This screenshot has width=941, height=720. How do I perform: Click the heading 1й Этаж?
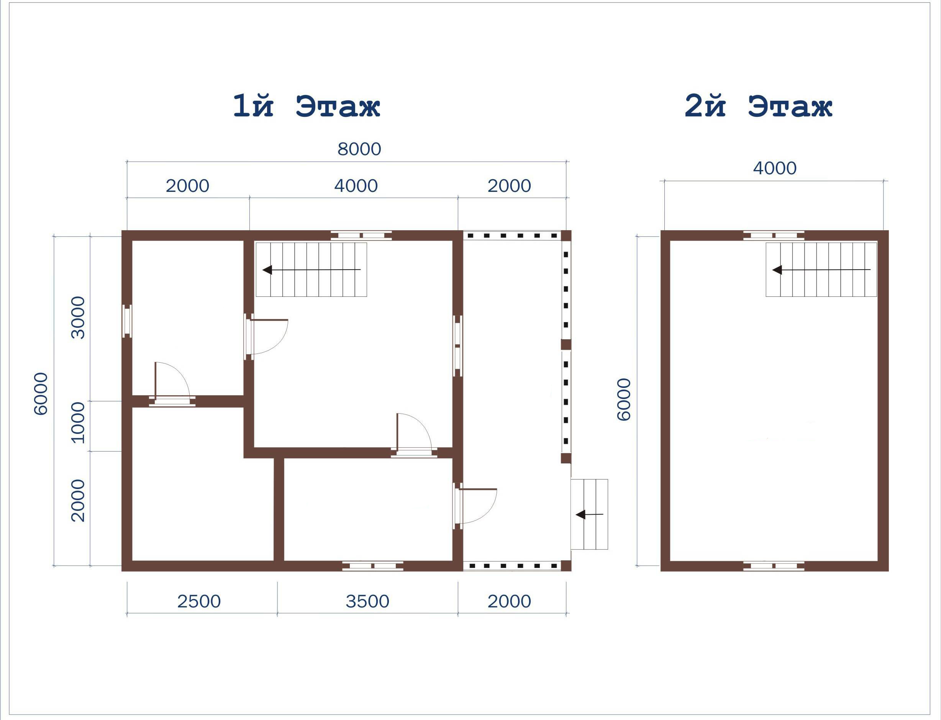pyautogui.click(x=306, y=106)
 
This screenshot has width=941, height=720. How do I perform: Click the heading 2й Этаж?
pyautogui.click(x=758, y=106)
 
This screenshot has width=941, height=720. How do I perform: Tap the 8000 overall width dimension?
pyautogui.click(x=359, y=149)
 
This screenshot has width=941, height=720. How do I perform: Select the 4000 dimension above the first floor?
pyautogui.click(x=356, y=186)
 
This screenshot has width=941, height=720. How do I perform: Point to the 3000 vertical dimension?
pyautogui.click(x=78, y=317)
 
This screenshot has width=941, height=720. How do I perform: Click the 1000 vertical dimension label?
pyautogui.click(x=78, y=422)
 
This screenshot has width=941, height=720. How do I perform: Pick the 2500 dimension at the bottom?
pyautogui.click(x=199, y=601)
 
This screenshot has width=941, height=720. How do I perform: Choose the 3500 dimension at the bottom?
pyautogui.click(x=367, y=601)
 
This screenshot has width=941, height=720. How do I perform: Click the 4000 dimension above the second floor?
pyautogui.click(x=775, y=169)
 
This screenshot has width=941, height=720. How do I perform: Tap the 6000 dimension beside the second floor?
pyautogui.click(x=624, y=399)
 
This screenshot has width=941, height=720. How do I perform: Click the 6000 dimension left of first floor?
pyautogui.click(x=41, y=394)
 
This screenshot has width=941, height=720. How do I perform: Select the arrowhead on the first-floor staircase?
pyautogui.click(x=267, y=270)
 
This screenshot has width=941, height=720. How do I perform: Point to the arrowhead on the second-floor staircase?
pyautogui.click(x=777, y=270)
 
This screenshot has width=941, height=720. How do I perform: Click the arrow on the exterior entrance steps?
pyautogui.click(x=589, y=514)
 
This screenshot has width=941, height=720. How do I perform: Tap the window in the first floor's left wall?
pyautogui.click(x=127, y=321)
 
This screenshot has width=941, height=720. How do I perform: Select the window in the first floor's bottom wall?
pyautogui.click(x=372, y=566)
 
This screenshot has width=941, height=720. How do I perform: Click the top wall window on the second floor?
pyautogui.click(x=774, y=235)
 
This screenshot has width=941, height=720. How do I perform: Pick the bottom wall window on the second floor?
pyautogui.click(x=774, y=566)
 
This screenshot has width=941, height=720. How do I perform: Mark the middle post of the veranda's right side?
pyautogui.click(x=566, y=345)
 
